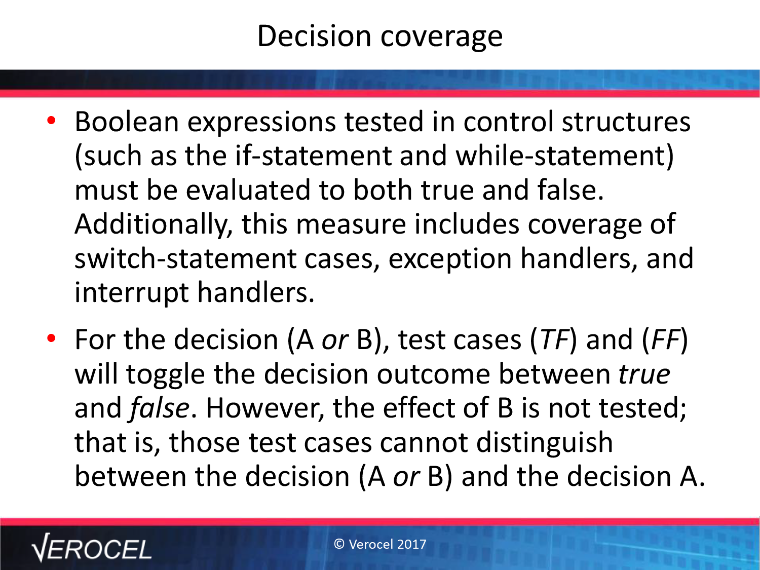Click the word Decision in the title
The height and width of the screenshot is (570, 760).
coord(315,36)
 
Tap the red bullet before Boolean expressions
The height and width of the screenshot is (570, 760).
coord(51,121)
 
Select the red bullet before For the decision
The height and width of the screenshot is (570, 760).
coord(51,338)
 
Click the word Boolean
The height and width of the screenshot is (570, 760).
coord(127,122)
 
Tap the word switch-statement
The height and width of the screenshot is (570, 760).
coord(185,259)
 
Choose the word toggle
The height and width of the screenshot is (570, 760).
coord(166,375)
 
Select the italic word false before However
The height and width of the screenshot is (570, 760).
coord(159,408)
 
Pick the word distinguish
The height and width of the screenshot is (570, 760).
coord(545,443)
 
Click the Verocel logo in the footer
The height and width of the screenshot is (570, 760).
coord(91,547)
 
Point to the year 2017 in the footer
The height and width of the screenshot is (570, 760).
coord(412,544)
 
